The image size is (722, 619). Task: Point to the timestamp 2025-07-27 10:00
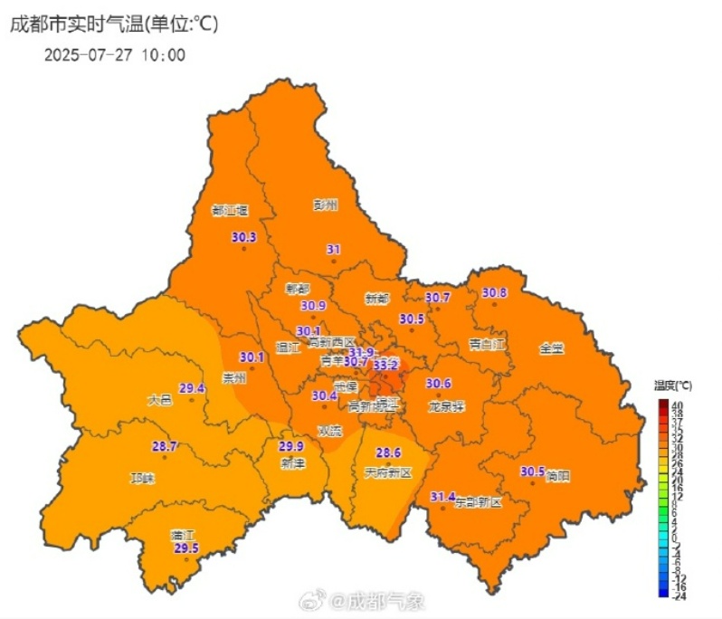pyautogui.click(x=115, y=54)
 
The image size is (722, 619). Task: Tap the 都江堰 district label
pyautogui.click(x=230, y=210)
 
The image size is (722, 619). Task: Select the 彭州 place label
pyautogui.click(x=325, y=205)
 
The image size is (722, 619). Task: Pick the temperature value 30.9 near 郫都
pyautogui.click(x=313, y=306)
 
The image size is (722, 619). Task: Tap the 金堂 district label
pyautogui.click(x=551, y=348)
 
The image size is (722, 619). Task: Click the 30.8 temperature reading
pyautogui.click(x=494, y=292)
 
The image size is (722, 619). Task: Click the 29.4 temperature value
pyautogui.click(x=192, y=388)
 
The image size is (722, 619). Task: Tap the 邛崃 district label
pyautogui.click(x=143, y=478)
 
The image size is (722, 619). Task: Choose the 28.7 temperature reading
pyautogui.click(x=165, y=446)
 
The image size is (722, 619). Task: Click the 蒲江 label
pyautogui.click(x=185, y=535)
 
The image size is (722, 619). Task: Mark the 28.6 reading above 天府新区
pyautogui.click(x=388, y=452)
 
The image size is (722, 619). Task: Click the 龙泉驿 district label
pyautogui.click(x=446, y=406)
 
